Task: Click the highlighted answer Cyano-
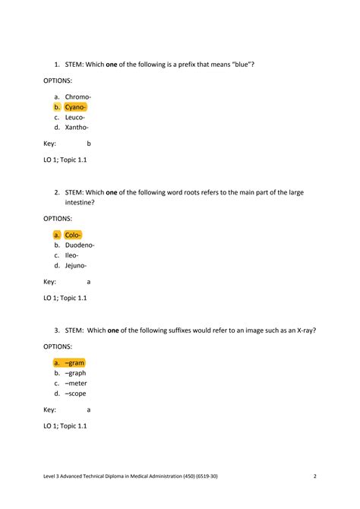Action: (x=75, y=107)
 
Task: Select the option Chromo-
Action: (x=77, y=97)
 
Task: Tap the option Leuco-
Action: (x=75, y=117)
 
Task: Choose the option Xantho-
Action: (x=77, y=127)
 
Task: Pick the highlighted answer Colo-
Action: (x=73, y=235)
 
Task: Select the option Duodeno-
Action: (x=80, y=245)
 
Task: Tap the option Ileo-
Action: (x=72, y=255)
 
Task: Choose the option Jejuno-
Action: (x=76, y=266)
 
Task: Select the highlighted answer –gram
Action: (x=74, y=363)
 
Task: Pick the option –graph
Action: (x=75, y=373)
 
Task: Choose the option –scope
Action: (x=75, y=394)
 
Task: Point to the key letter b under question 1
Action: (x=89, y=144)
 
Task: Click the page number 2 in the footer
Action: (x=314, y=476)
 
